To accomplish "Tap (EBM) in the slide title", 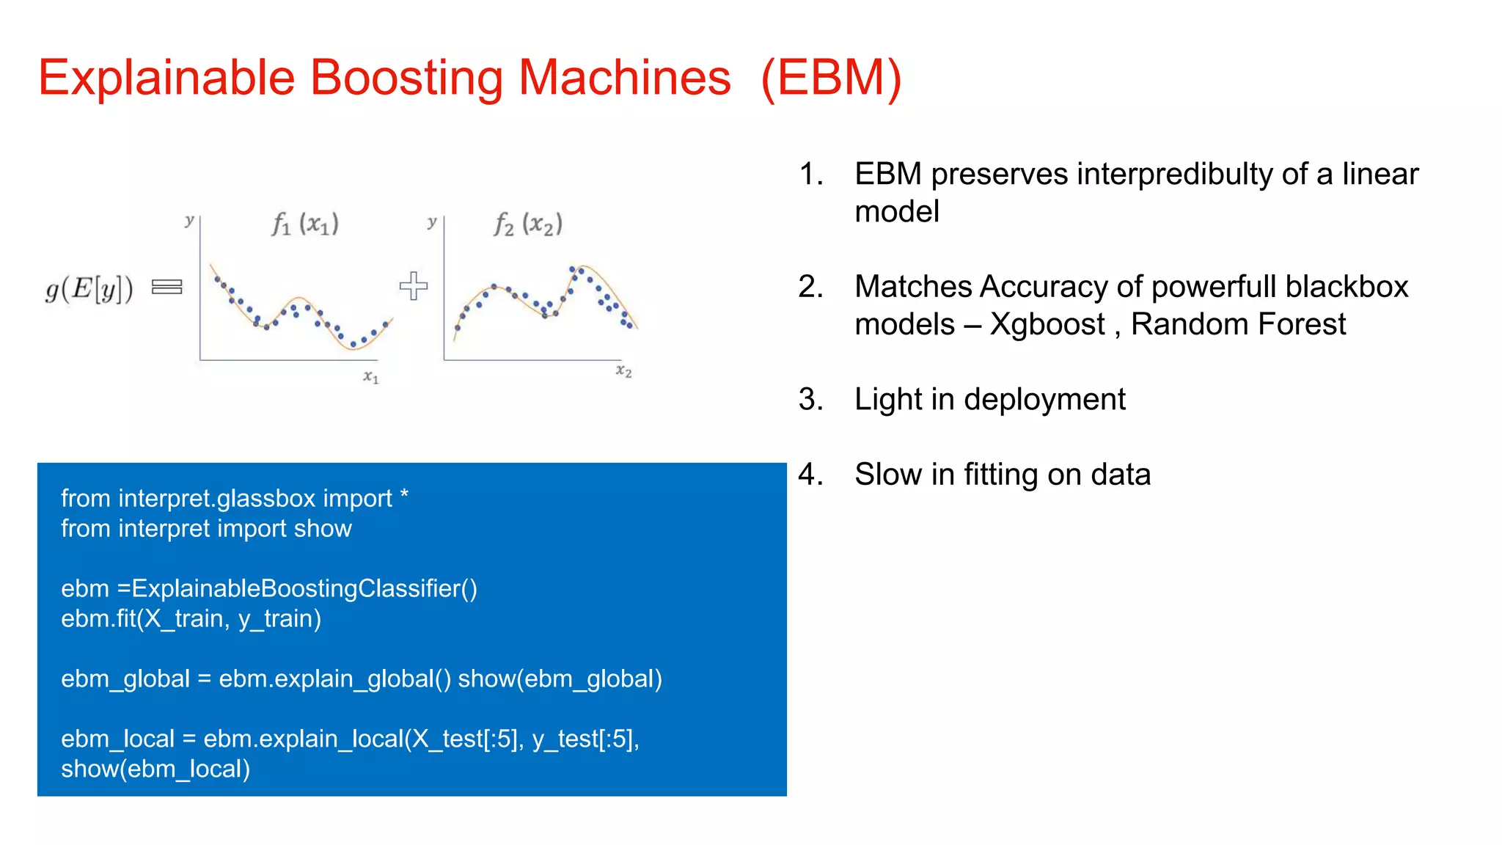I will point(831,78).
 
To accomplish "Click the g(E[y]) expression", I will point(89,288).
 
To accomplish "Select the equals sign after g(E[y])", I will point(166,287).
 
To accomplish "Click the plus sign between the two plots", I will point(414,286).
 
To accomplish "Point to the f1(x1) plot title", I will point(305,224).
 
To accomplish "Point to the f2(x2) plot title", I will point(528,224).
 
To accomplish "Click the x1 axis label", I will point(371,377).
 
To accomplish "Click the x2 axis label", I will point(623,371).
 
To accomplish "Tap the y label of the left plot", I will point(189,220).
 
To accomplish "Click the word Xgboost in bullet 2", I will point(1047,324).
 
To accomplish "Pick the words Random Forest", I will point(1238,324).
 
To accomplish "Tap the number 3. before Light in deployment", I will point(810,400).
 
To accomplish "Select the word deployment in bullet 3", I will point(1044,400).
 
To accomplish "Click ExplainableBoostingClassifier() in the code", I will point(304,589).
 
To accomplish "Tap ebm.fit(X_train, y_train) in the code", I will point(191,619).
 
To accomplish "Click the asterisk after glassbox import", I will point(404,496).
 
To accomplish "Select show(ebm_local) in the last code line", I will point(155,769).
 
